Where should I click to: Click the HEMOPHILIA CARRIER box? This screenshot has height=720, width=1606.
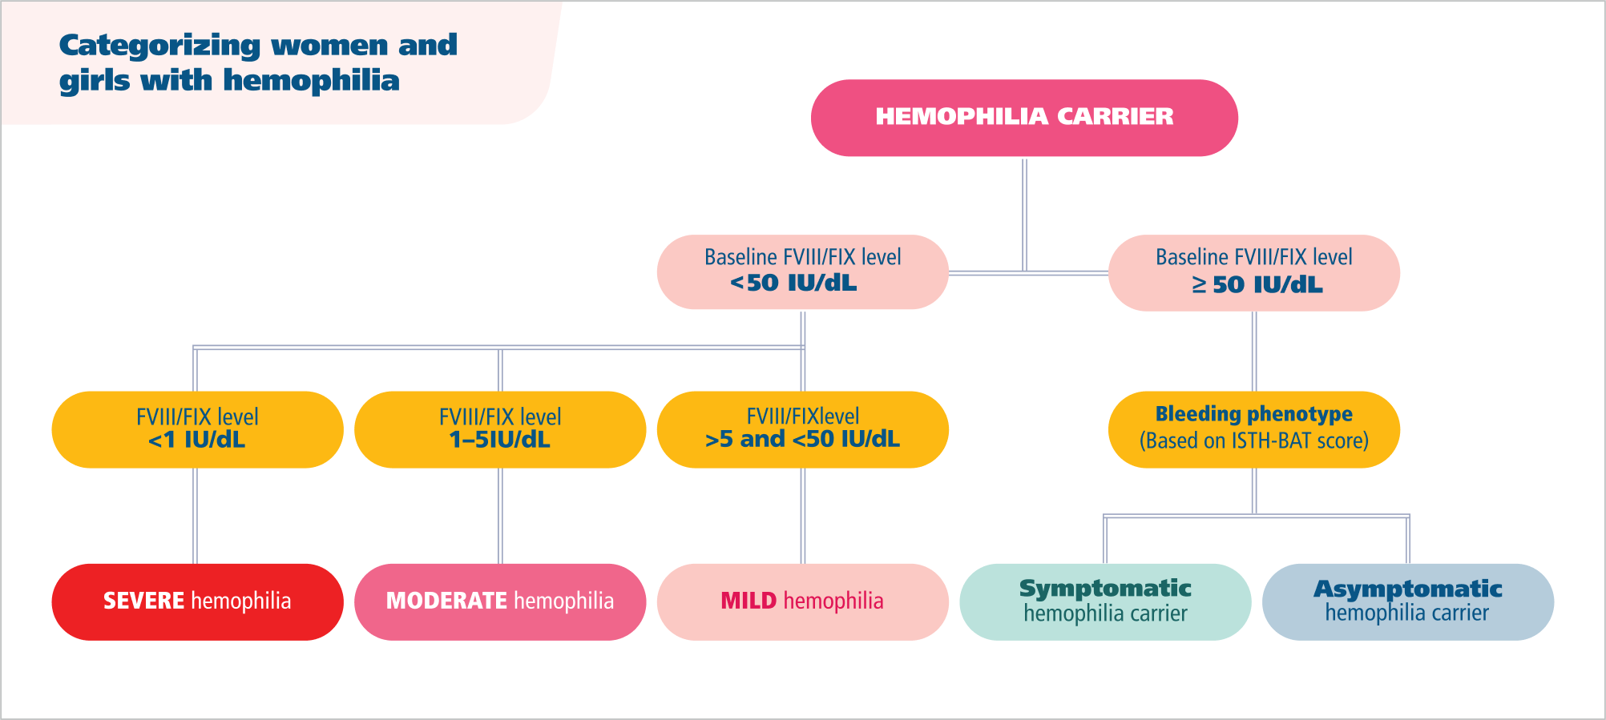pos(1024,118)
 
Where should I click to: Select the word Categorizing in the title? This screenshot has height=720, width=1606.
pos(159,46)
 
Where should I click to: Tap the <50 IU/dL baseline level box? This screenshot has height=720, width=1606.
pos(802,272)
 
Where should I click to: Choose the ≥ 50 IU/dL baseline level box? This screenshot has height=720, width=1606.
pos(1253,273)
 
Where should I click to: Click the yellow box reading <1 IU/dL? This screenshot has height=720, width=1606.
pos(197,429)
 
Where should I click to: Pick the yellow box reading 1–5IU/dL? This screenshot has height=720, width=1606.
pos(500,429)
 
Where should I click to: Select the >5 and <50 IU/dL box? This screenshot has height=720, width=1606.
pos(802,429)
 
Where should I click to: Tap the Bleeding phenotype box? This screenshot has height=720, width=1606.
pos(1253,429)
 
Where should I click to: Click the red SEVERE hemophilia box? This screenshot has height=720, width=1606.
pos(197,601)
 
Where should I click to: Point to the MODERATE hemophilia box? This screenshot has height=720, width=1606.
pos(500,601)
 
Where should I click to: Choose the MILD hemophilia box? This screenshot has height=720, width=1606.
pos(802,601)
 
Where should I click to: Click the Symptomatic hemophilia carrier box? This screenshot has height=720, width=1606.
pos(1105,601)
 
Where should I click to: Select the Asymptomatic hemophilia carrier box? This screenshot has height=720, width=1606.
pos(1407,601)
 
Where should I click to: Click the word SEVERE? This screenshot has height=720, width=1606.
pos(144,601)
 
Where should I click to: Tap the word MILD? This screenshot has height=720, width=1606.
pos(749,601)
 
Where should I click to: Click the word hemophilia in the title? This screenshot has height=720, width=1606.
pos(311,81)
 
